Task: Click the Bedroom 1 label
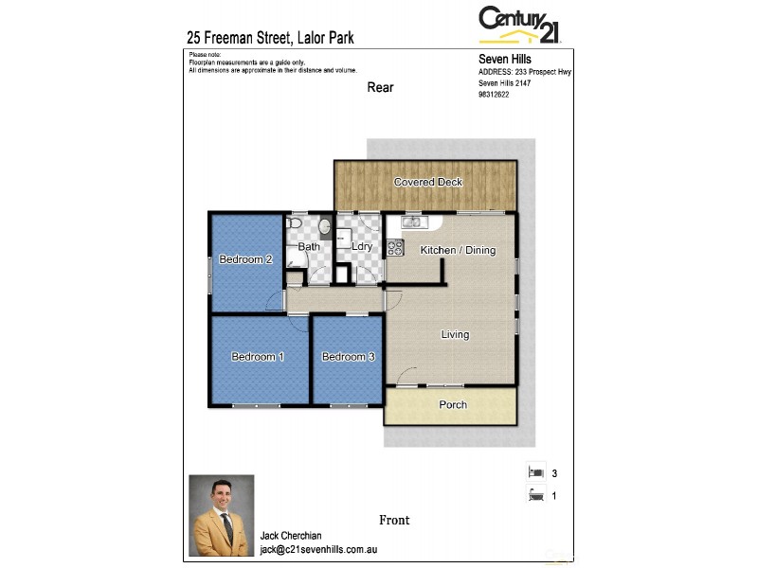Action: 258,357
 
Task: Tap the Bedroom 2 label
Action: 246,259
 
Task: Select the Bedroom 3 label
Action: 348,357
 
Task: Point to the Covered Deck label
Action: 427,182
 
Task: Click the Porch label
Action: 452,405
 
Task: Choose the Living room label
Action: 455,334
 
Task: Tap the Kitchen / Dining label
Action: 458,251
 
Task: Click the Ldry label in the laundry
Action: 361,247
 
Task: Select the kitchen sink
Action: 413,222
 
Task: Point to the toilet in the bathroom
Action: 295,223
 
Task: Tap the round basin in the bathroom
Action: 325,226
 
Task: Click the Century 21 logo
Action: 519,25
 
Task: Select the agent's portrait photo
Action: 222,515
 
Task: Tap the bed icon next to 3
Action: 534,471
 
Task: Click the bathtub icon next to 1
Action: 534,493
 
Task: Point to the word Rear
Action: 380,88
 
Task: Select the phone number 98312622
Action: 493,94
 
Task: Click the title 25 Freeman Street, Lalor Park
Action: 271,39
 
